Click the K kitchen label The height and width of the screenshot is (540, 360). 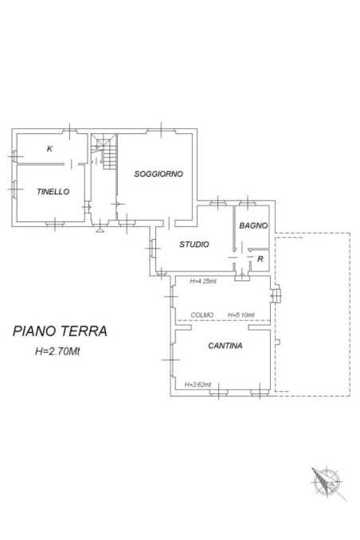(49, 149)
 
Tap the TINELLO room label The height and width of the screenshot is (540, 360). (53, 191)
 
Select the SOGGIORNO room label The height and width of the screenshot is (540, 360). (159, 174)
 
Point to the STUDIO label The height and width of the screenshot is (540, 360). (194, 245)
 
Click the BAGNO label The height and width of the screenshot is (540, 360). (253, 226)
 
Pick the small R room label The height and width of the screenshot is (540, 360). (260, 259)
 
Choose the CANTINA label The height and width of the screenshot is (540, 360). (225, 346)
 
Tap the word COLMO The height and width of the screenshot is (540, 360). (202, 315)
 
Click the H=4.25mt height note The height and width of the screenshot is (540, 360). (205, 281)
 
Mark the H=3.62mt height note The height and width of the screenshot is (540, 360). (197, 385)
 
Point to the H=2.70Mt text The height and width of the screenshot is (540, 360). (57, 352)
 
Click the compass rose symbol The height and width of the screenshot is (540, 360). (327, 483)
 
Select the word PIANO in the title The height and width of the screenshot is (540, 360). (34, 331)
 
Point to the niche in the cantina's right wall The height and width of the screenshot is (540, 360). (276, 296)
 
